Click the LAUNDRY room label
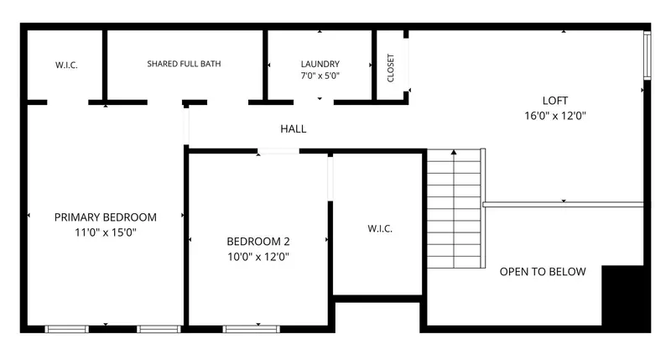point(320,65)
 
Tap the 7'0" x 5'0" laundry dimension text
point(320,76)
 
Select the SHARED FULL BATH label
point(184,64)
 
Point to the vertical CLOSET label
point(390,68)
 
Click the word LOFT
point(555,101)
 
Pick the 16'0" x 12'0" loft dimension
point(555,116)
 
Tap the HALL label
point(293,129)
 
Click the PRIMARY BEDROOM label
point(106,217)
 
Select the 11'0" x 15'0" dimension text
point(106,232)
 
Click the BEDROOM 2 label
point(258,242)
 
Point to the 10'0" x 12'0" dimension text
point(258,257)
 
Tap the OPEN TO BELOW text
point(543,272)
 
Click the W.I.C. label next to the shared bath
point(66,65)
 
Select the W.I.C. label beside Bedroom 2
point(380,228)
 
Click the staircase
point(454,208)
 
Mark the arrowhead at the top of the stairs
point(454,152)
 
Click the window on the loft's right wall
point(648,55)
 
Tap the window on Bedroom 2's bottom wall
point(251,329)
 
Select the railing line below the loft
point(563,205)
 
